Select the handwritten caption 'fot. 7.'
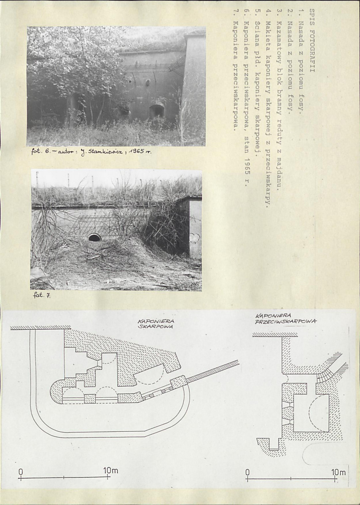(42, 295)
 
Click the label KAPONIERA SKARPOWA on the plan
(156, 323)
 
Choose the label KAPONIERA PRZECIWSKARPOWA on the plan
(285, 318)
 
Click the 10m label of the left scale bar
(110, 470)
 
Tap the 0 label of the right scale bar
(247, 472)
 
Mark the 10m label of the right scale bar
(338, 473)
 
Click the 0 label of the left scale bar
(21, 471)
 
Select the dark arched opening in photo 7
(95, 238)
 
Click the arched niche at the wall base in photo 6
(157, 110)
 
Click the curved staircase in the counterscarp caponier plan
(325, 375)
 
